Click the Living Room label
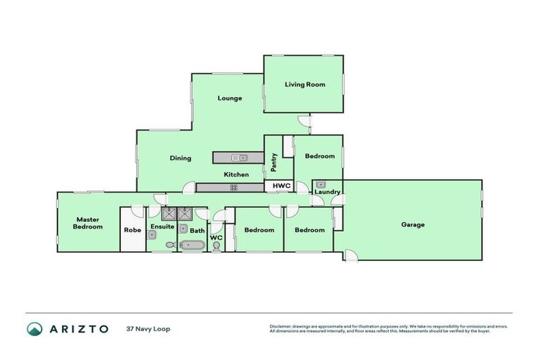(x=304, y=84)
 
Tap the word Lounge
(x=229, y=98)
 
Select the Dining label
(x=180, y=158)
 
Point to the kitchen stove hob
(x=233, y=187)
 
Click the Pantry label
(x=273, y=163)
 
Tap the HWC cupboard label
(x=281, y=186)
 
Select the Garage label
(x=413, y=225)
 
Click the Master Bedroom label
(x=89, y=223)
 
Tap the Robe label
(x=132, y=230)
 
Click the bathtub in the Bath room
(x=191, y=245)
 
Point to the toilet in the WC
(x=216, y=245)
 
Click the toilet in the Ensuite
(x=170, y=245)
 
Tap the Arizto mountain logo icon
(x=34, y=328)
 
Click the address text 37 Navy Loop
(x=148, y=328)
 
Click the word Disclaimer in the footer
(x=282, y=326)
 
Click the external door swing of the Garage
(x=350, y=255)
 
